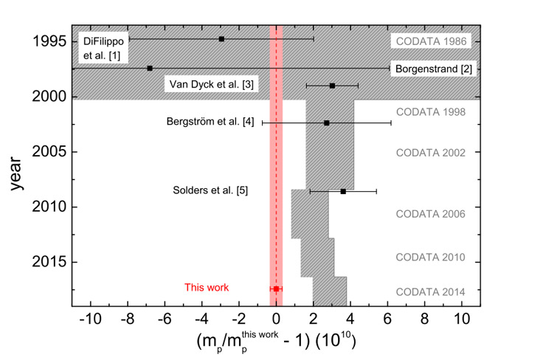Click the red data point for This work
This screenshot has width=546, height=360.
tap(276, 288)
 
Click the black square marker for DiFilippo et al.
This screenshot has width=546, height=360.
tap(221, 38)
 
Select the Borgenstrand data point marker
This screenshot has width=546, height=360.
tap(150, 68)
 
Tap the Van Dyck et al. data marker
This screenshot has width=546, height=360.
tap(333, 86)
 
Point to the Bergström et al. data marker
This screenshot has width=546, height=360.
tap(326, 122)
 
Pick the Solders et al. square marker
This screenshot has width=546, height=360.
tap(343, 191)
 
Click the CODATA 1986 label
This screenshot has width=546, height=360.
tap(431, 41)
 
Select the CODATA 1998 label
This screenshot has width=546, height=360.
tap(431, 112)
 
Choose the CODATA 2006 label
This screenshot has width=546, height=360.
tap(431, 214)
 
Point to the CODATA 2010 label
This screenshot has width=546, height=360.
tap(431, 257)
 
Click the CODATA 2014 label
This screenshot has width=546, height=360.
tap(431, 291)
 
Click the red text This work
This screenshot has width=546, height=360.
tap(207, 288)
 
